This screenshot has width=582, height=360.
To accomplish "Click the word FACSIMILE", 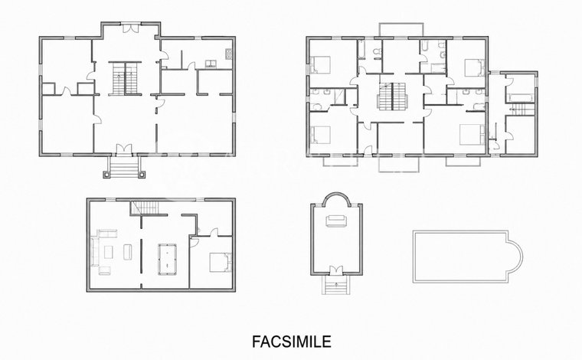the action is (291, 342).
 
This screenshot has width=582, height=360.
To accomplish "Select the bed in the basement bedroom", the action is (221, 263).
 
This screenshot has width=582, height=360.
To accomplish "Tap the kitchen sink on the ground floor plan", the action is (211, 64).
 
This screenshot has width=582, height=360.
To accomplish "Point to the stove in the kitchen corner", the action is (229, 54).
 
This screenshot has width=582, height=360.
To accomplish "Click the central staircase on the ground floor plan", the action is (125, 78).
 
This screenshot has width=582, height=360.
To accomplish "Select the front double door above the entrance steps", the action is (123, 149).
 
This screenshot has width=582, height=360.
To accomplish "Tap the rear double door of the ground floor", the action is (131, 28).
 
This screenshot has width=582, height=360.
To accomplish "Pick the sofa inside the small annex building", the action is (336, 221).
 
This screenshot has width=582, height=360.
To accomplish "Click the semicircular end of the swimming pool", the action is (515, 256).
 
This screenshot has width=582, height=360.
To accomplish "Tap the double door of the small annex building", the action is (336, 270).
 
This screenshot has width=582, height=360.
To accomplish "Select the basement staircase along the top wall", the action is (145, 208).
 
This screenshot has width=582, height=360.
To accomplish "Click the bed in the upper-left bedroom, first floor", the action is (320, 64).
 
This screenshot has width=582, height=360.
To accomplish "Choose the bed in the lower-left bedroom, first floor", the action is (320, 135).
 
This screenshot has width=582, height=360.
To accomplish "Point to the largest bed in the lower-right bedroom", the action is (472, 134).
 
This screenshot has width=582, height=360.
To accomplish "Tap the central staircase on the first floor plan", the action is (392, 96).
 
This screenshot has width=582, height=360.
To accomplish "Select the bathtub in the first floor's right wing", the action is (521, 98).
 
